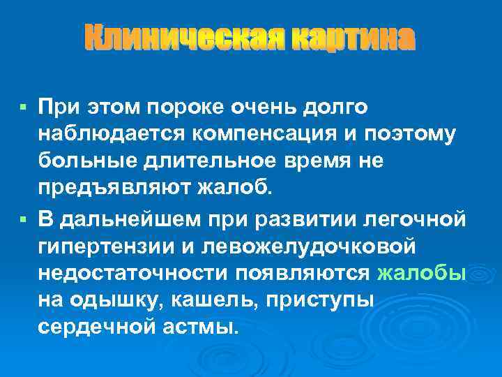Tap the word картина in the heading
pyautogui.click(x=353, y=38)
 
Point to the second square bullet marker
pyautogui.click(x=23, y=219)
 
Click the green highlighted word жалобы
pyautogui.click(x=421, y=272)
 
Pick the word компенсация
pyautogui.click(x=245, y=134)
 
